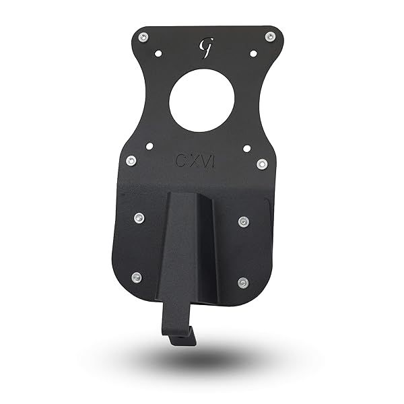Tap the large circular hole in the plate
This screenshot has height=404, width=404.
click(x=202, y=102)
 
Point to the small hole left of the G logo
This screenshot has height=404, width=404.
click(x=158, y=53)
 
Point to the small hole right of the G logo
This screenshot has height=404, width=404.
click(x=253, y=53)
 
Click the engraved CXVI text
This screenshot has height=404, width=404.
click(x=195, y=161)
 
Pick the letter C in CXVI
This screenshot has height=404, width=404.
click(x=180, y=161)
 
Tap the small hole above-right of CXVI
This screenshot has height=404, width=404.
click(x=247, y=147)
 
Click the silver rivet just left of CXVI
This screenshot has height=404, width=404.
click(x=131, y=160)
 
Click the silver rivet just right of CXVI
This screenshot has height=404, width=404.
click(x=262, y=164)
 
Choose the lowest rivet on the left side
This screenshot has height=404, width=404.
click(x=136, y=277)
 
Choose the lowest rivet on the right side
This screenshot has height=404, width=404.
click(x=243, y=283)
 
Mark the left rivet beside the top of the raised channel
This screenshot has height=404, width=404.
click(x=139, y=217)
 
